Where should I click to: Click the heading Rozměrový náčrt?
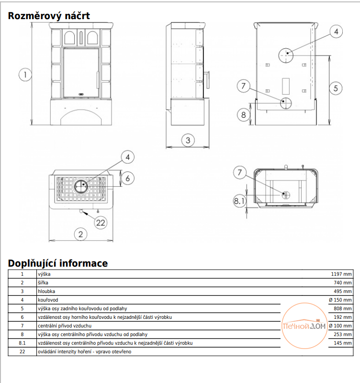click(x=49, y=16)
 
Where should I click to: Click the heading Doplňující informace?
click(x=58, y=263)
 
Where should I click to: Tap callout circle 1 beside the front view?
click(x=25, y=75)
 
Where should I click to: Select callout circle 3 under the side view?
click(x=188, y=140)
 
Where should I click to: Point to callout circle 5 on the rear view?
click(x=336, y=88)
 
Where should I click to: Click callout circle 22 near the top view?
click(x=101, y=223)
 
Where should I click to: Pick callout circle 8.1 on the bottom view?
click(x=239, y=201)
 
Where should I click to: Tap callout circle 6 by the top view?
click(x=127, y=178)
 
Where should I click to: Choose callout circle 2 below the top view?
click(x=80, y=234)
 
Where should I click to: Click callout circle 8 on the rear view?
click(x=243, y=114)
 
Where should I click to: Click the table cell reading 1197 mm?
click(x=341, y=274)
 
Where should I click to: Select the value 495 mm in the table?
click(x=343, y=292)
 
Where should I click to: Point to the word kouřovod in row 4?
click(x=48, y=300)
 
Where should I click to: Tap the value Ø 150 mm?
click(x=340, y=300)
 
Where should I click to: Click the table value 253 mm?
click(x=343, y=334)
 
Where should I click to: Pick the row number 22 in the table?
click(x=22, y=352)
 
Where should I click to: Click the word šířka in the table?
click(x=43, y=282)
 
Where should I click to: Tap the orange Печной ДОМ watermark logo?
click(x=304, y=326)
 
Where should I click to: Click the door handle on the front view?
click(x=97, y=79)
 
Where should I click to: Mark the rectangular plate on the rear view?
click(x=286, y=86)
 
